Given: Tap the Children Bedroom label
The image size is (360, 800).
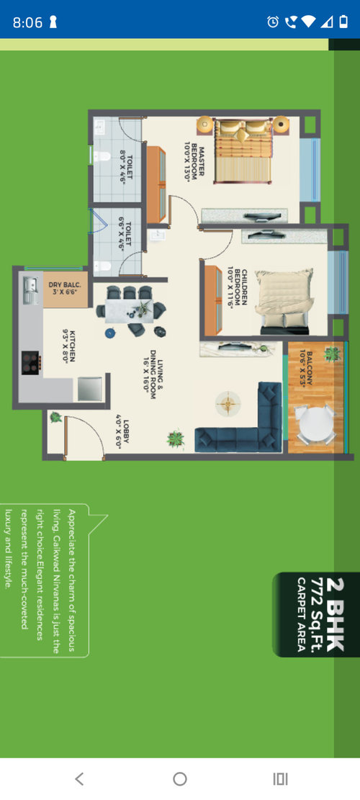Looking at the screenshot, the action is [237, 288].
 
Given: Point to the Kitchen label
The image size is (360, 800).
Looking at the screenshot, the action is [69, 346].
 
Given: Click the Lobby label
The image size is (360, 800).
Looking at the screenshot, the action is [122, 433].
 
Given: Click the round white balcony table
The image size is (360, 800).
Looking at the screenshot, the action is [316, 423].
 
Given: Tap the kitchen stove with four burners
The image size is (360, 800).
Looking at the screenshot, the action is [31, 363].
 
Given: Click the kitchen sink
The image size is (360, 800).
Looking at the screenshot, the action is [30, 289].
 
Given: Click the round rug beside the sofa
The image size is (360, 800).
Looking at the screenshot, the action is [228, 403].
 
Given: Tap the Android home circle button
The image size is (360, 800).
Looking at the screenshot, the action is [180, 778].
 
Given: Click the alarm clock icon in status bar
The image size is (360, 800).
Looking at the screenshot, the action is [274, 22].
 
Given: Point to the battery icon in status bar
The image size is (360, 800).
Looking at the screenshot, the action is [343, 22].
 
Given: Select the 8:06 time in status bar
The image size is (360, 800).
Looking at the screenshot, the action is [27, 22].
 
